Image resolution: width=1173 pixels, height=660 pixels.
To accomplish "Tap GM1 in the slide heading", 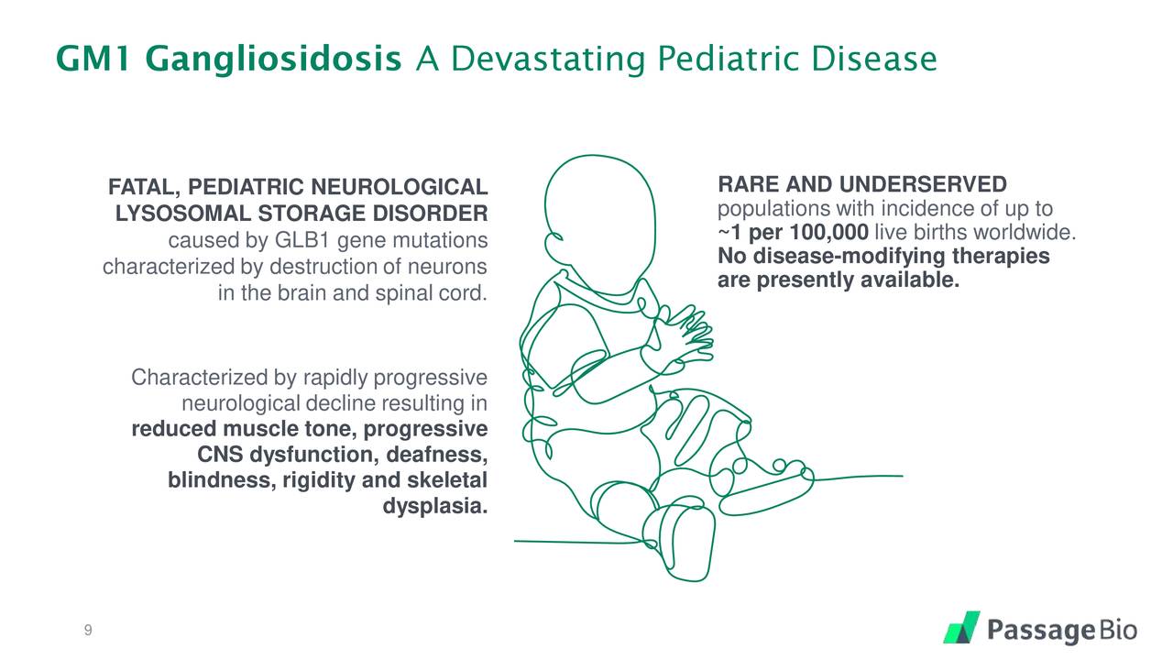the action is point(93,58).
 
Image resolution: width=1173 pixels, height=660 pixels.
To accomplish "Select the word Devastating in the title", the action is point(548,60).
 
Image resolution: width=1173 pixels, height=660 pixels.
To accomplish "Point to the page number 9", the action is point(88,630).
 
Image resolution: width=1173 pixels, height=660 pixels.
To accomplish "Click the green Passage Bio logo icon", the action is point(961,627).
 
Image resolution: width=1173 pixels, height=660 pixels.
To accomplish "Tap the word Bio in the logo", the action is point(1118,630).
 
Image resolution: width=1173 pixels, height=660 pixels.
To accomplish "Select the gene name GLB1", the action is point(301,240).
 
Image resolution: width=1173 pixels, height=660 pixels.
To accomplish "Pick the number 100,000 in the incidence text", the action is point(829,232).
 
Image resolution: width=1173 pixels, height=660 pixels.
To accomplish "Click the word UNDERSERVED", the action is point(923,184).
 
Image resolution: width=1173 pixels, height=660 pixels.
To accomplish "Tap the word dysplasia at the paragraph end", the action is point(435,506).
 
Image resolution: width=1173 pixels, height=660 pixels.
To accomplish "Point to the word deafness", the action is point(437,454).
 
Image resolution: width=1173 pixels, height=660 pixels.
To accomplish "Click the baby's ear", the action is point(555,247).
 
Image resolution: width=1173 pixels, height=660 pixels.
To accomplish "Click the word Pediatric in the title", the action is point(728,58).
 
